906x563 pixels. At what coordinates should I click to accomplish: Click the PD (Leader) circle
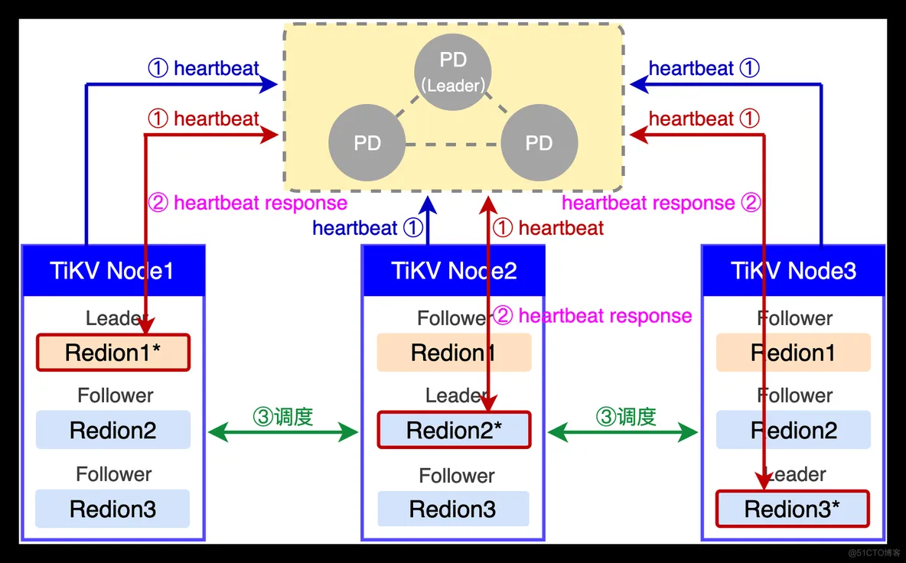tap(453, 72)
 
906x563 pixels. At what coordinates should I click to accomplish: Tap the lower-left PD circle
tap(367, 142)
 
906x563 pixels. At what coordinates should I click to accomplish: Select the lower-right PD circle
tap(539, 142)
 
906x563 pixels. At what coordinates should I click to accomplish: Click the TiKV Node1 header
tap(113, 271)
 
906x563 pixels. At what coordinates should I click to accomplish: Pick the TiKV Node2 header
tap(454, 271)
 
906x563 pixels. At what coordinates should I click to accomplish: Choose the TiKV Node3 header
tap(794, 271)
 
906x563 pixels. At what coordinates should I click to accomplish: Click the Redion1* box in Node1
tap(113, 352)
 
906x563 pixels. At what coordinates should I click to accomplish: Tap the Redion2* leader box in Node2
tap(455, 430)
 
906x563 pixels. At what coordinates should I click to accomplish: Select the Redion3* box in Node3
tap(793, 509)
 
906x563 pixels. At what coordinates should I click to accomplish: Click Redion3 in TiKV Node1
tap(112, 509)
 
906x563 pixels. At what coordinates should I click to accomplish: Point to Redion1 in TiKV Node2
tap(455, 352)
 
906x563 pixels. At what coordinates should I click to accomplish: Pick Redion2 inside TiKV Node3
tap(794, 430)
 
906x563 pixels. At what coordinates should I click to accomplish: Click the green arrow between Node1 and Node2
tap(283, 432)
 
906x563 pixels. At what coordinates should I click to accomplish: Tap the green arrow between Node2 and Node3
tap(623, 432)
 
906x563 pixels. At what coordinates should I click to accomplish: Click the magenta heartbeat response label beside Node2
tap(592, 316)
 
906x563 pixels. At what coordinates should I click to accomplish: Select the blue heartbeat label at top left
tap(204, 68)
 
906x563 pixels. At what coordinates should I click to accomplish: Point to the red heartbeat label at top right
tap(704, 119)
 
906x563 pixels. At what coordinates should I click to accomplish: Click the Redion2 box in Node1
tap(113, 430)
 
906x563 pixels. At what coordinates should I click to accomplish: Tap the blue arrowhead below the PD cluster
tap(428, 206)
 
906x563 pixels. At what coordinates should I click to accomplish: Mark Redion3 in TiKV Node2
tap(454, 509)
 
